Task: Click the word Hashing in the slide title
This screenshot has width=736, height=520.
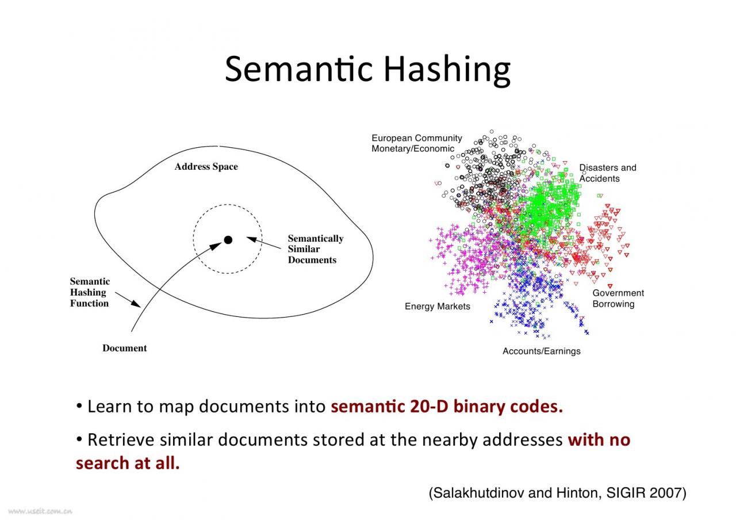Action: pyautogui.click(x=447, y=70)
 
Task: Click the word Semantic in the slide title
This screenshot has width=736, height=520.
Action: pyautogui.click(x=298, y=68)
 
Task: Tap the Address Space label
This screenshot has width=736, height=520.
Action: pyautogui.click(x=206, y=167)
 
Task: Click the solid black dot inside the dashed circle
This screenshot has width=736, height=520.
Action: pyautogui.click(x=228, y=240)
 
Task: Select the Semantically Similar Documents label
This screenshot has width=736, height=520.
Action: pyautogui.click(x=316, y=249)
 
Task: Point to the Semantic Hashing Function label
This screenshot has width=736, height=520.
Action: pyautogui.click(x=90, y=292)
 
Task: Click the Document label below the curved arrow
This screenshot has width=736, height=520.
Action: pyautogui.click(x=125, y=348)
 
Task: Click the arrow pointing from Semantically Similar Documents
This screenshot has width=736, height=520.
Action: pyautogui.click(x=264, y=243)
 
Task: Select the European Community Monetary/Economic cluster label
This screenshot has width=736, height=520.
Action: pyautogui.click(x=417, y=143)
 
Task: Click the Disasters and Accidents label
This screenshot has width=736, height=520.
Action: pyautogui.click(x=608, y=173)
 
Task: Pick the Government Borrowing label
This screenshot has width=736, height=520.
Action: pyautogui.click(x=618, y=299)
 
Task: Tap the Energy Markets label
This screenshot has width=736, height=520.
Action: pyautogui.click(x=438, y=307)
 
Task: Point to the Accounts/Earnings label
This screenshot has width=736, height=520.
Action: pyautogui.click(x=542, y=351)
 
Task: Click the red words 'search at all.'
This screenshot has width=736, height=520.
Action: pyautogui.click(x=128, y=463)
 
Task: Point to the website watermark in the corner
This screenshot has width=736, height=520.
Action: pyautogui.click(x=40, y=511)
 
